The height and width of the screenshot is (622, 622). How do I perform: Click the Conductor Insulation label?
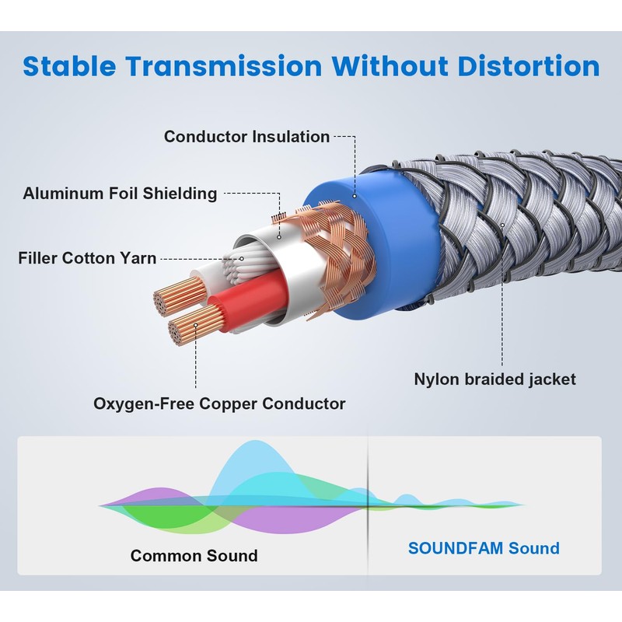tap(246, 137)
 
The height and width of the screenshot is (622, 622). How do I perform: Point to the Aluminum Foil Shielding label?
tap(120, 194)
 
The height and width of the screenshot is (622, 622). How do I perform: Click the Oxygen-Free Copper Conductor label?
tap(219, 404)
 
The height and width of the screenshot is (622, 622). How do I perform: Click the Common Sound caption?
tap(194, 555)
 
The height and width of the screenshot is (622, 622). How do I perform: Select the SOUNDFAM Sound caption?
tap(484, 548)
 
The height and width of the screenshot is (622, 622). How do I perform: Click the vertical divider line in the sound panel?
tap(368, 505)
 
